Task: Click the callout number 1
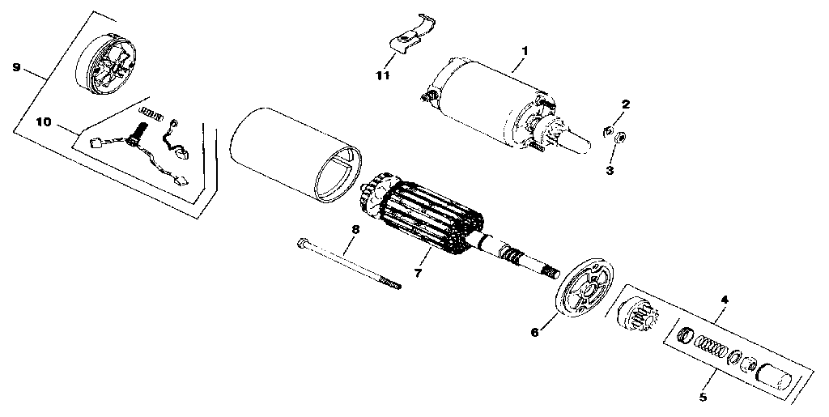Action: [524, 50]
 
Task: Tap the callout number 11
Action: [382, 75]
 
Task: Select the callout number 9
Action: [16, 68]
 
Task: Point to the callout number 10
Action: [44, 121]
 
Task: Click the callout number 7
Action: [418, 273]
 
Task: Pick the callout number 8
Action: [354, 229]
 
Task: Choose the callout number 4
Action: [725, 300]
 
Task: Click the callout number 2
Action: [625, 104]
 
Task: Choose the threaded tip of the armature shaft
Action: [551, 273]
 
